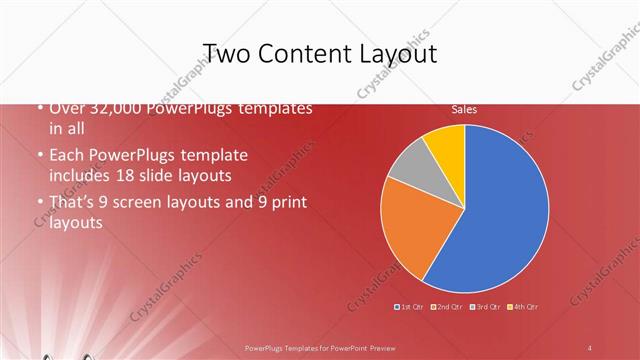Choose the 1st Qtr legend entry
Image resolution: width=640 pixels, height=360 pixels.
tap(410, 306)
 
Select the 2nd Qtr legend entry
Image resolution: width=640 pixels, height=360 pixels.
tap(447, 306)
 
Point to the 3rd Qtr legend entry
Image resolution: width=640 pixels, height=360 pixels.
tap(485, 306)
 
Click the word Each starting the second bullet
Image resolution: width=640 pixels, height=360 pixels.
tap(68, 156)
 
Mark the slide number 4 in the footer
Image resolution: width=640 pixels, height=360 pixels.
tap(591, 347)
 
